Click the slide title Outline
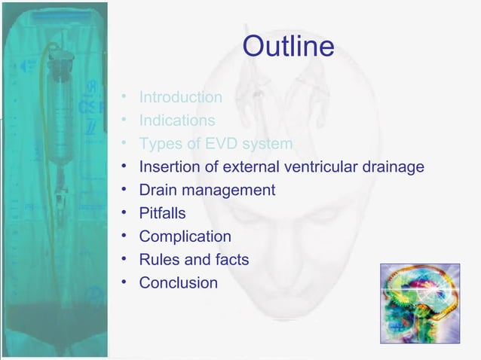[288, 47]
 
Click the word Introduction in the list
[180, 97]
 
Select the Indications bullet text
[176, 121]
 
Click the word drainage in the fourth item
[392, 167]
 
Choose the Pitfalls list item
[162, 214]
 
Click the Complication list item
[185, 237]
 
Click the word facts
[231, 261]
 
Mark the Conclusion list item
[178, 284]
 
